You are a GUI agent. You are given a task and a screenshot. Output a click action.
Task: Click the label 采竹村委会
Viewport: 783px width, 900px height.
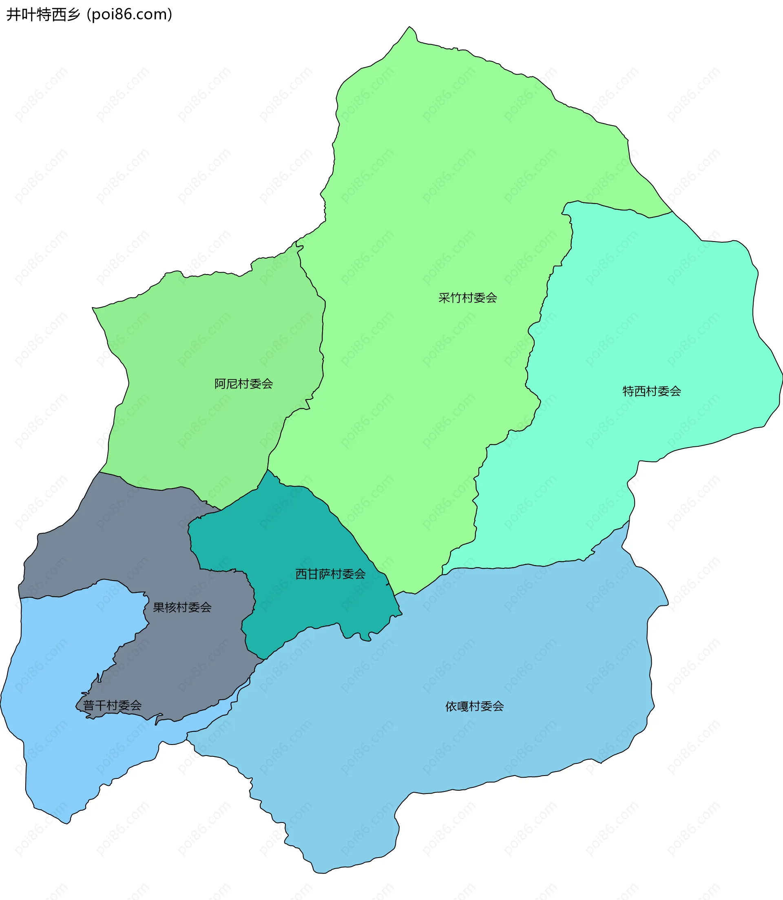[x=467, y=298]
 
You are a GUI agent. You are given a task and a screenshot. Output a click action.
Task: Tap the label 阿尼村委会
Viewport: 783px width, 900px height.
[x=243, y=384]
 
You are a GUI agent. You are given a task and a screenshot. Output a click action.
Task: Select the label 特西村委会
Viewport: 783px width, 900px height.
[x=652, y=391]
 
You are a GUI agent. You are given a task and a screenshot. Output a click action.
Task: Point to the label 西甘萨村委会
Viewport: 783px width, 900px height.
[x=330, y=574]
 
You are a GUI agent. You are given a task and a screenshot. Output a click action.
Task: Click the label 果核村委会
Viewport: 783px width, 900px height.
[x=182, y=607]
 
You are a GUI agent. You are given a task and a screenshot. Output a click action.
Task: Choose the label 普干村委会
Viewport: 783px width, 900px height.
[x=112, y=705]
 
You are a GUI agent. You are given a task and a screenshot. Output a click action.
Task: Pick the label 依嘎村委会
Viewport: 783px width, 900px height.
[x=475, y=706]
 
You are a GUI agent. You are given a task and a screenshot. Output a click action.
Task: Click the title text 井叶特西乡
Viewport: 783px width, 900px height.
[x=43, y=14]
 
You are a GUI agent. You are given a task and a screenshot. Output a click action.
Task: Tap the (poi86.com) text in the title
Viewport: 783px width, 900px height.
[x=130, y=14]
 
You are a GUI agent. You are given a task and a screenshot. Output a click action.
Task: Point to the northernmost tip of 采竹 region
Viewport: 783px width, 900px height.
[x=409, y=27]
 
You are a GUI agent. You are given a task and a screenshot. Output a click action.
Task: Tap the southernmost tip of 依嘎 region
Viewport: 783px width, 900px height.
[x=321, y=873]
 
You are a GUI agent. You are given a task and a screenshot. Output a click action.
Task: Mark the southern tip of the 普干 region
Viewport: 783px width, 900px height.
[x=67, y=824]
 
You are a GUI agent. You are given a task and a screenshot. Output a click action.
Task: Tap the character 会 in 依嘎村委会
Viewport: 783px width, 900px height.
[x=498, y=706]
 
